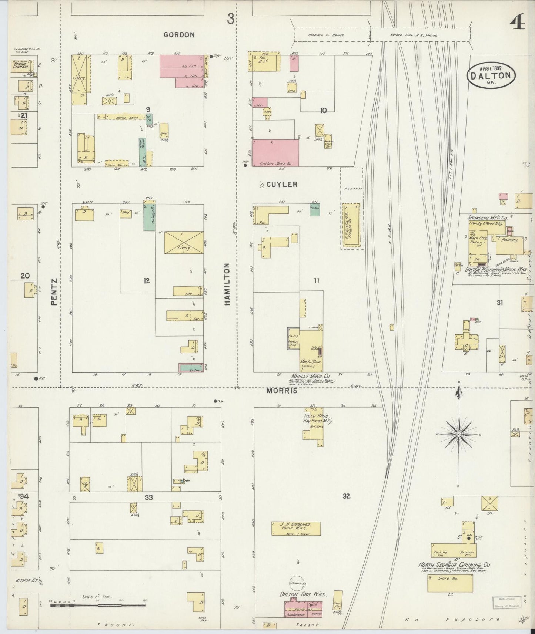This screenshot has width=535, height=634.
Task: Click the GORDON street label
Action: point(179,35)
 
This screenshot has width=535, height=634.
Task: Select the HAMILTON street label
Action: point(227,284)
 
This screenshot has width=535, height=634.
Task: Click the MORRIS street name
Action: point(285,391)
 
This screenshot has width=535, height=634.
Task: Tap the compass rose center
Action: point(458,434)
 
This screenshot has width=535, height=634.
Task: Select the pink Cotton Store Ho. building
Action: point(275,152)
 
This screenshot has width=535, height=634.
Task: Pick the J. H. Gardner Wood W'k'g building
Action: point(296,529)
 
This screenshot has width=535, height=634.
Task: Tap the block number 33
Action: point(148,497)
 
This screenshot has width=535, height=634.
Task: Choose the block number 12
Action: point(147,281)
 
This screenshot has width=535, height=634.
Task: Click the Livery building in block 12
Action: point(184,243)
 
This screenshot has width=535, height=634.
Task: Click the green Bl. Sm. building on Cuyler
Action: point(315,209)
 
